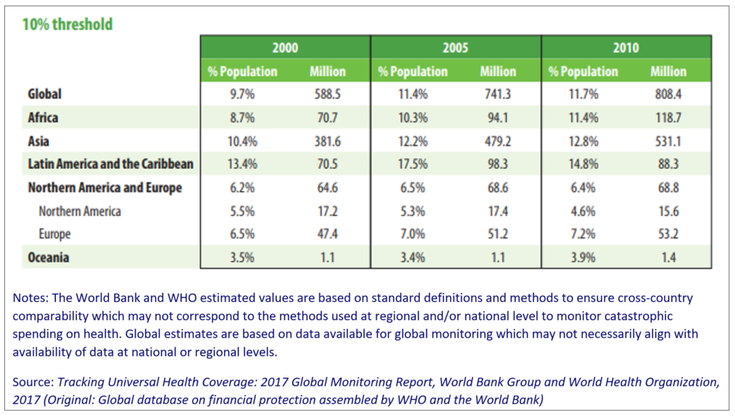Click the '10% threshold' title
click(x=67, y=24)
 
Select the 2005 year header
click(x=455, y=48)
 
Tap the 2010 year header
click(x=626, y=48)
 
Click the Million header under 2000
click(x=327, y=71)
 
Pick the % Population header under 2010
click(x=583, y=72)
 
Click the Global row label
click(x=45, y=94)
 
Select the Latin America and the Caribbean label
click(x=111, y=164)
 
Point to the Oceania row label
click(x=48, y=257)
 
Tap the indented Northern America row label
click(x=80, y=211)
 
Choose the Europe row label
click(x=55, y=234)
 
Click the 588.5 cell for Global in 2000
click(x=327, y=94)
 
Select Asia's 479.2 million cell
click(x=498, y=141)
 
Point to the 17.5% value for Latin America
click(x=413, y=164)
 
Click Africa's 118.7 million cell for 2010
click(x=668, y=118)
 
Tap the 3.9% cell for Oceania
click(x=583, y=257)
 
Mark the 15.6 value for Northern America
click(x=668, y=211)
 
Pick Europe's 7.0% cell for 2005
click(x=413, y=234)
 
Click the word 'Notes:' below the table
click(x=30, y=298)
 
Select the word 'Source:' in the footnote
click(x=33, y=383)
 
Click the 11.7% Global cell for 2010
click(x=583, y=94)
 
